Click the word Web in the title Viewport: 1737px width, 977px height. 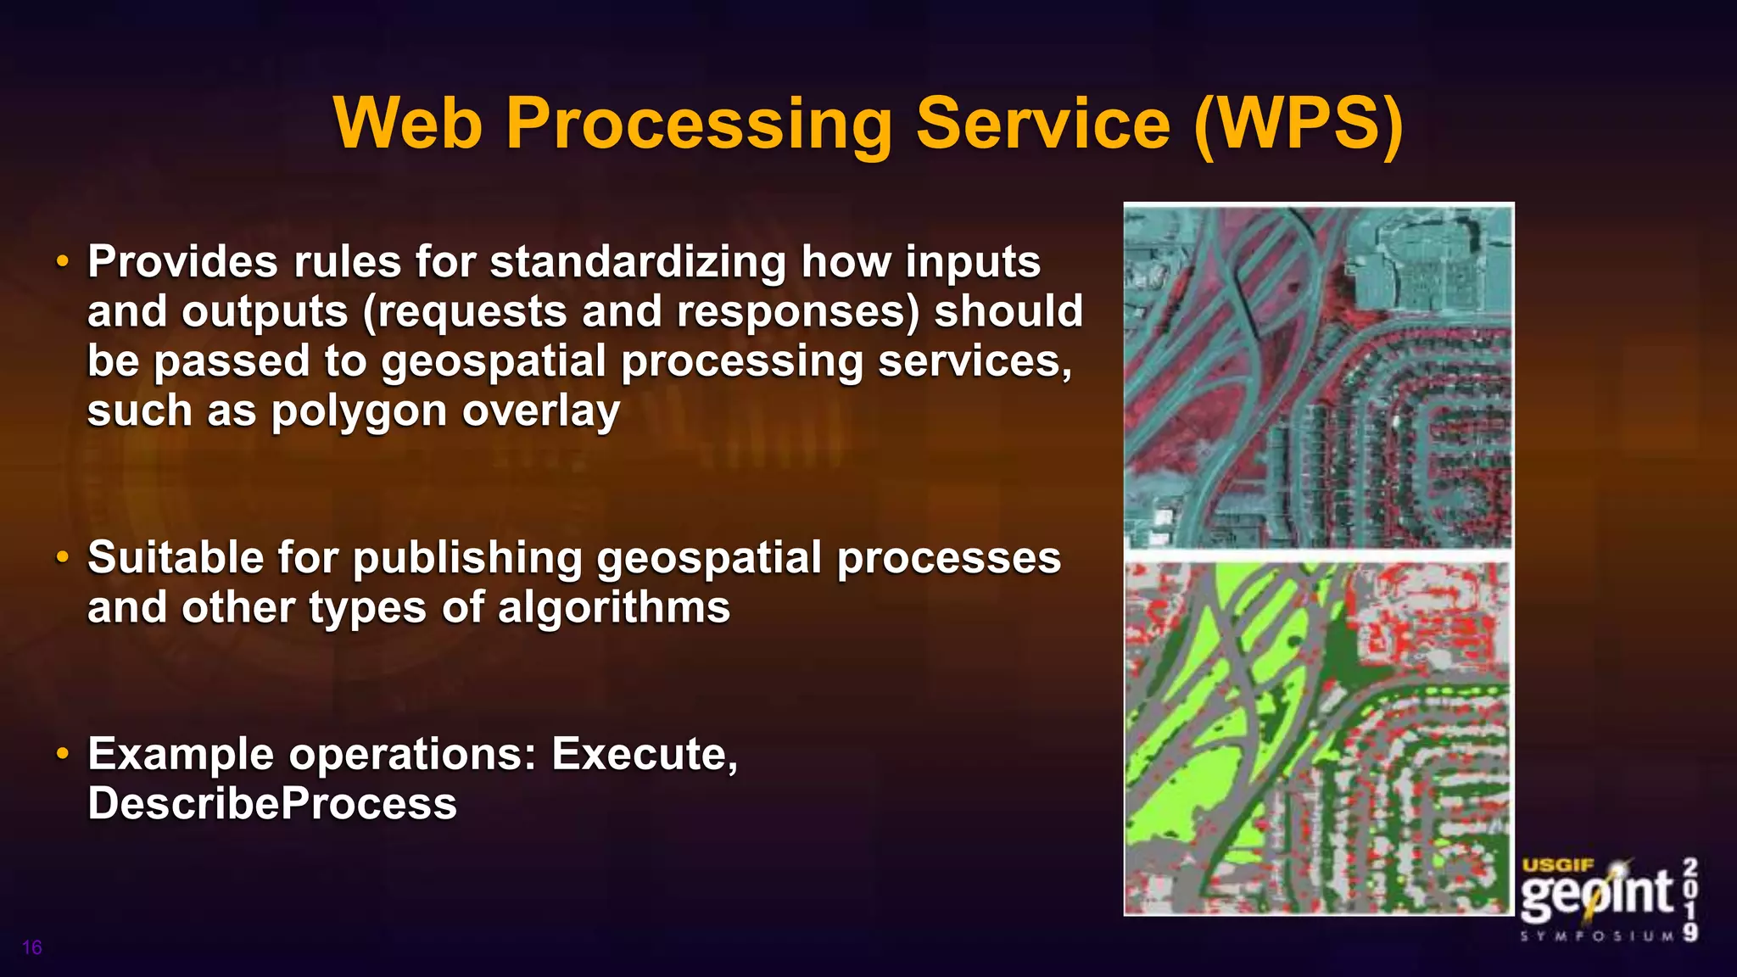coord(409,124)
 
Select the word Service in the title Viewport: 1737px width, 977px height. coord(1043,124)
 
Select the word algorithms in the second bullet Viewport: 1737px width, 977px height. coord(613,608)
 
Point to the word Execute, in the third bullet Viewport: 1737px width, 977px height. coord(645,753)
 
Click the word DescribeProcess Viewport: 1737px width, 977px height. coord(272,803)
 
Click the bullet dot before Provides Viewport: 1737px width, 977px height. coord(62,262)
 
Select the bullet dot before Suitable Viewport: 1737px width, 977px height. coord(62,558)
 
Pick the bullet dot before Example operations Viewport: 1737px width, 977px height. coord(62,754)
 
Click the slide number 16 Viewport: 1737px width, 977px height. coord(32,947)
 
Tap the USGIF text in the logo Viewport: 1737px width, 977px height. coord(1558,866)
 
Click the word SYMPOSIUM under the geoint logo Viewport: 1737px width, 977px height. coord(1598,936)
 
